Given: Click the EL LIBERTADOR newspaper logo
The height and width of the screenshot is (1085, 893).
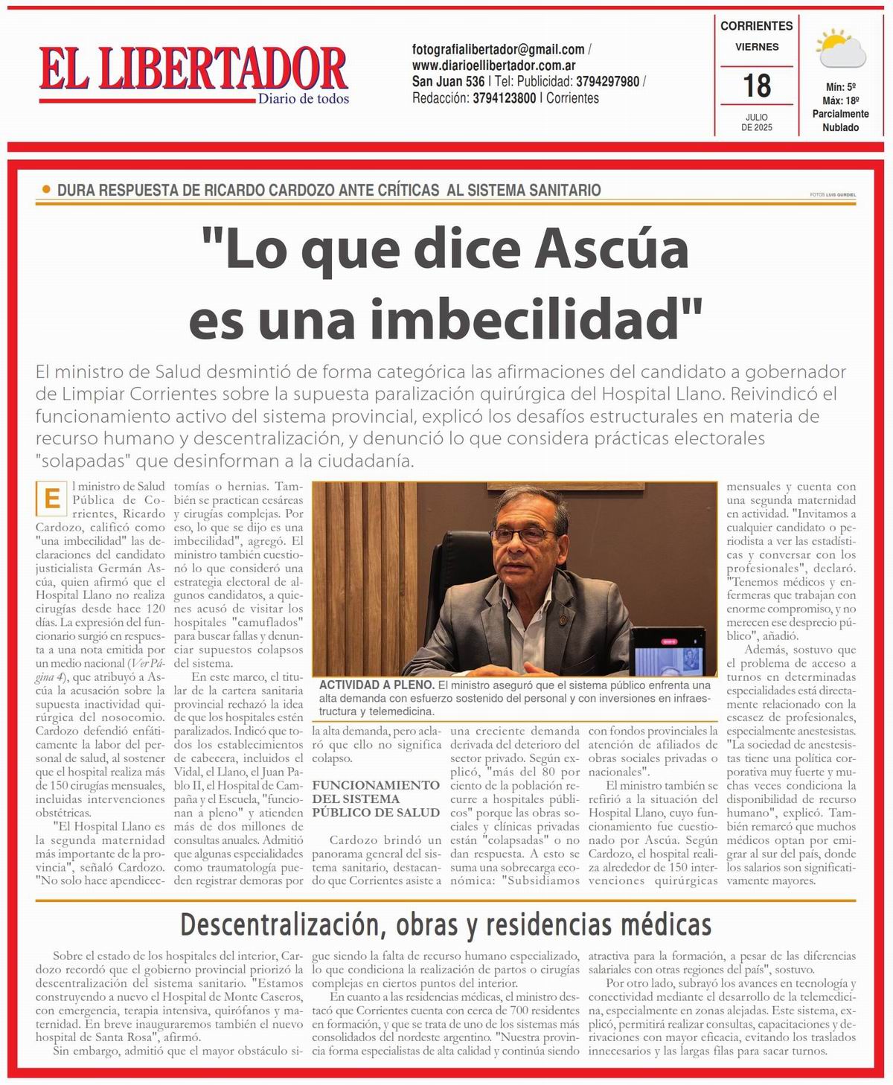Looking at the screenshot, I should click(x=193, y=68).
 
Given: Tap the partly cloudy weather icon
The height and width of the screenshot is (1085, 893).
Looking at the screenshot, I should click(x=841, y=48).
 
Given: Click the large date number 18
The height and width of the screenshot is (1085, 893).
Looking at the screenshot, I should click(x=757, y=86).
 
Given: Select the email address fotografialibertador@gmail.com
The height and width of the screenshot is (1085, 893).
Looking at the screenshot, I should click(x=499, y=50).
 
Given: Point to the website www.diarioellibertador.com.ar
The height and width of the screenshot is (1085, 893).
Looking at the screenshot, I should click(x=494, y=65).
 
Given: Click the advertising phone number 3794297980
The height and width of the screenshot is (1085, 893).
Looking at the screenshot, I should click(x=607, y=82).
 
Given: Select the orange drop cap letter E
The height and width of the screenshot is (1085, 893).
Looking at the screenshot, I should click(x=52, y=499).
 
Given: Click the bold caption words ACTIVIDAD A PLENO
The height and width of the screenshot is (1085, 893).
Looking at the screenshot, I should click(x=377, y=685).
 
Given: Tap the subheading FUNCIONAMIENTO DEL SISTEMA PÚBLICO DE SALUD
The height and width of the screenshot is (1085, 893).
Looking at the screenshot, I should click(x=376, y=798).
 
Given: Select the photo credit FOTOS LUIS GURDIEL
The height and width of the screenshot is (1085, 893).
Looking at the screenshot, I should click(x=833, y=195).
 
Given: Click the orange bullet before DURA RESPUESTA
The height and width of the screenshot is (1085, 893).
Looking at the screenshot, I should click(x=47, y=190).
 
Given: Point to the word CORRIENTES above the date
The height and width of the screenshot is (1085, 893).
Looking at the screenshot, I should click(x=757, y=25).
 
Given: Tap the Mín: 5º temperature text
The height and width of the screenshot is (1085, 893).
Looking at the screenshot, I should click(x=841, y=87).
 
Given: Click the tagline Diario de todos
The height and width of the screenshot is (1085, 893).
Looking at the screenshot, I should click(x=303, y=99).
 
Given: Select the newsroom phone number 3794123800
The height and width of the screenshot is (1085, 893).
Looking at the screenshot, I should click(x=504, y=98).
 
